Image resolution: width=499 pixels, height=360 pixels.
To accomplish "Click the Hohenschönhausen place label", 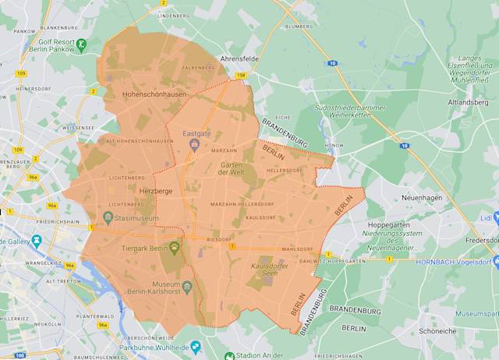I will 153,94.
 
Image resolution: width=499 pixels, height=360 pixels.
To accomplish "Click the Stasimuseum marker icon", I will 107,217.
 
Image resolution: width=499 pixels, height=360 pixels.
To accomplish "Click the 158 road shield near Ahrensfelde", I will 240,76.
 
